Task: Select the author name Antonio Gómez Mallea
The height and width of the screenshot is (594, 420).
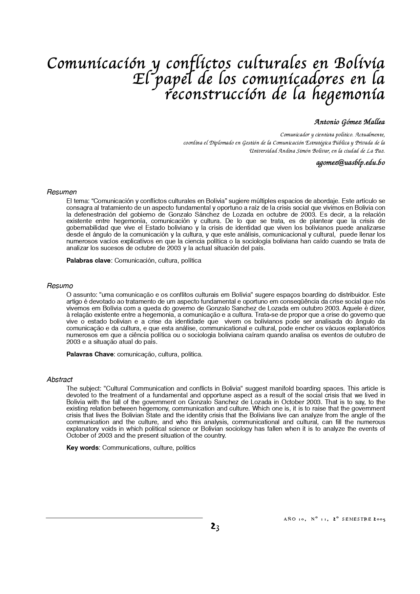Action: (350, 122)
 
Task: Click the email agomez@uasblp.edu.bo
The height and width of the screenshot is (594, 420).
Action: (351, 163)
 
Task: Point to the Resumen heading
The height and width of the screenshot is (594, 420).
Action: (62, 192)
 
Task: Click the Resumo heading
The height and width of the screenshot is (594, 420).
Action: (60, 286)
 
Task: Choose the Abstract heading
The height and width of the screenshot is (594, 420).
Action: (60, 380)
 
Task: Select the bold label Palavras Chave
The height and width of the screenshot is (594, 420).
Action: (90, 354)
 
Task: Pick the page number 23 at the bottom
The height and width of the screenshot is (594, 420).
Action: (215, 527)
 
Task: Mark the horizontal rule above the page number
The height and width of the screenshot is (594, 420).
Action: (124, 518)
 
